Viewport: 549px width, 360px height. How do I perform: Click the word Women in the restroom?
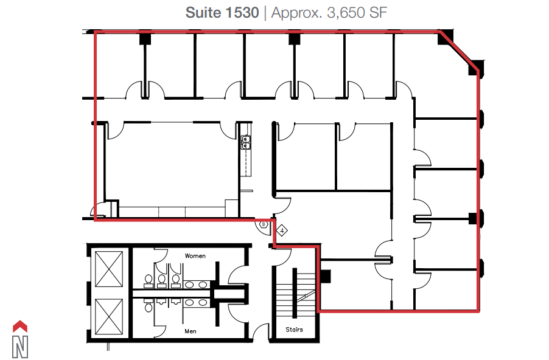196,256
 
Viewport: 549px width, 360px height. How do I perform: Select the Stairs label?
294,330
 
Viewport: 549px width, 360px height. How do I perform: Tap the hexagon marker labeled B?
264,224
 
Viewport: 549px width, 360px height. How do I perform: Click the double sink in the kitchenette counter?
246,142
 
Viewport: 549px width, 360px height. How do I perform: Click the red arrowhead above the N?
21,326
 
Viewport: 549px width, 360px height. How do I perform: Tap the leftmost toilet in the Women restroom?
149,280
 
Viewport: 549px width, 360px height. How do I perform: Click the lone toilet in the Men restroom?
149,306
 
